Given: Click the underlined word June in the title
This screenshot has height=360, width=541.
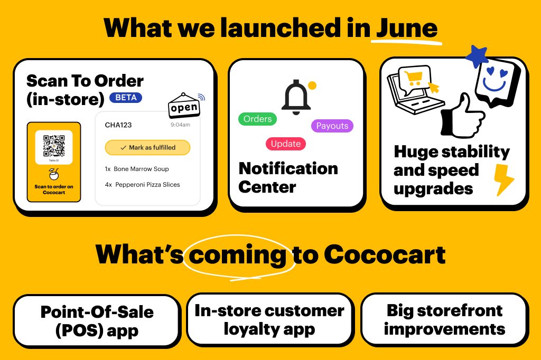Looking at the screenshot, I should pos(406,27).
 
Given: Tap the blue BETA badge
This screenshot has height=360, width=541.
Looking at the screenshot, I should pos(125,98).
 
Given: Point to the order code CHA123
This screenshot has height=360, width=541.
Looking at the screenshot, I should pos(118,125).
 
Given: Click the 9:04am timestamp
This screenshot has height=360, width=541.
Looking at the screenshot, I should pos(180,125).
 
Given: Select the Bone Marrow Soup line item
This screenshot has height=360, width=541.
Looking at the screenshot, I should pos(137,169).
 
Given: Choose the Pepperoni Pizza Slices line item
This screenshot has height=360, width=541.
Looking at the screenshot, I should pos(142,185).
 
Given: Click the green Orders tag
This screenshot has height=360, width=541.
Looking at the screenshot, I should pos(257,119).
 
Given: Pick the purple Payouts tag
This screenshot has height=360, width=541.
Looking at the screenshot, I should pos(332,126).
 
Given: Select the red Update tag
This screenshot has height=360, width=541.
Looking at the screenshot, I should pos(285,144).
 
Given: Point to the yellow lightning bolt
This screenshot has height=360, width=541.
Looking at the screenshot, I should pos(503,179).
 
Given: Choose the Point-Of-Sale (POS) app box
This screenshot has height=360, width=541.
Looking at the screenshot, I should pos(97,321).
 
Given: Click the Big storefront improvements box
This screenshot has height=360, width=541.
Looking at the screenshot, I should pos(444,320).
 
